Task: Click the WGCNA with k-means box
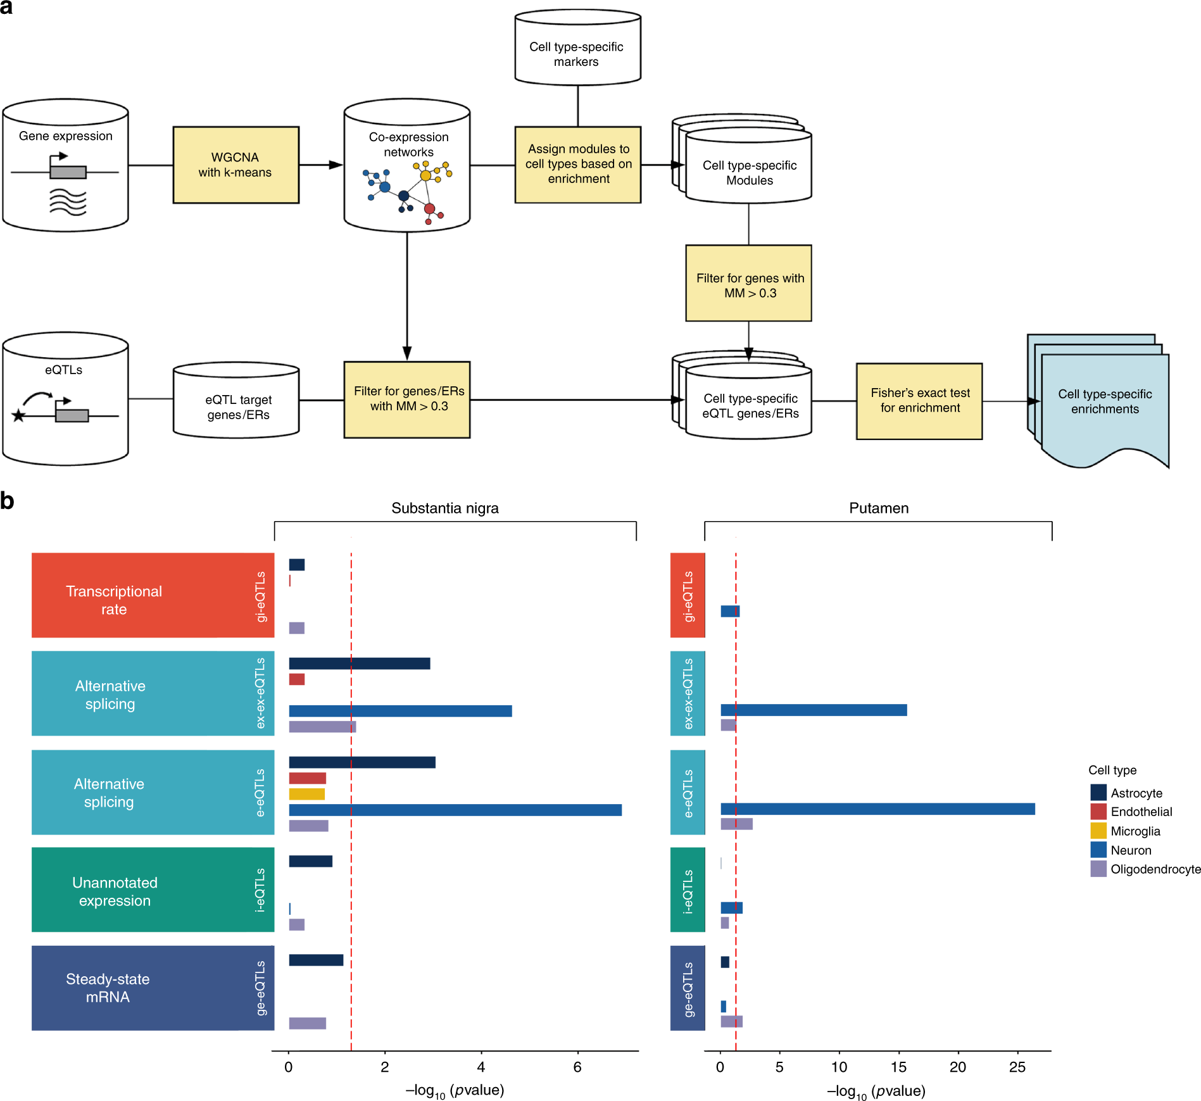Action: pyautogui.click(x=236, y=165)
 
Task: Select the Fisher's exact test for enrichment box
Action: pyautogui.click(x=919, y=401)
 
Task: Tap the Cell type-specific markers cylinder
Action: pyautogui.click(x=577, y=51)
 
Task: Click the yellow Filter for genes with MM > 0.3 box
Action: pyautogui.click(x=748, y=284)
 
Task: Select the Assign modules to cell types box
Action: pyautogui.click(x=577, y=165)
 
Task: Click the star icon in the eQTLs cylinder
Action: pyautogui.click(x=19, y=416)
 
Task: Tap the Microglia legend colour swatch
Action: pyautogui.click(x=1098, y=831)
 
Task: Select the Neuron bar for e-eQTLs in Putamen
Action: pyautogui.click(x=877, y=808)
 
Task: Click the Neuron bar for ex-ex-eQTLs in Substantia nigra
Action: pyautogui.click(x=399, y=710)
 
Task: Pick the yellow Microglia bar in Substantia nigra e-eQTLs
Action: pyautogui.click(x=307, y=794)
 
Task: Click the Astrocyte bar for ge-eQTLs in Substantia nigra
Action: pyautogui.click(x=316, y=960)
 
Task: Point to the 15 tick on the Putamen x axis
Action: pyautogui.click(x=898, y=1067)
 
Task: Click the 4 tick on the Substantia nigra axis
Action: pyautogui.click(x=481, y=1067)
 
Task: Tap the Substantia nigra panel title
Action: pyautogui.click(x=444, y=508)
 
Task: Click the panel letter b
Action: pyautogui.click(x=7, y=501)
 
